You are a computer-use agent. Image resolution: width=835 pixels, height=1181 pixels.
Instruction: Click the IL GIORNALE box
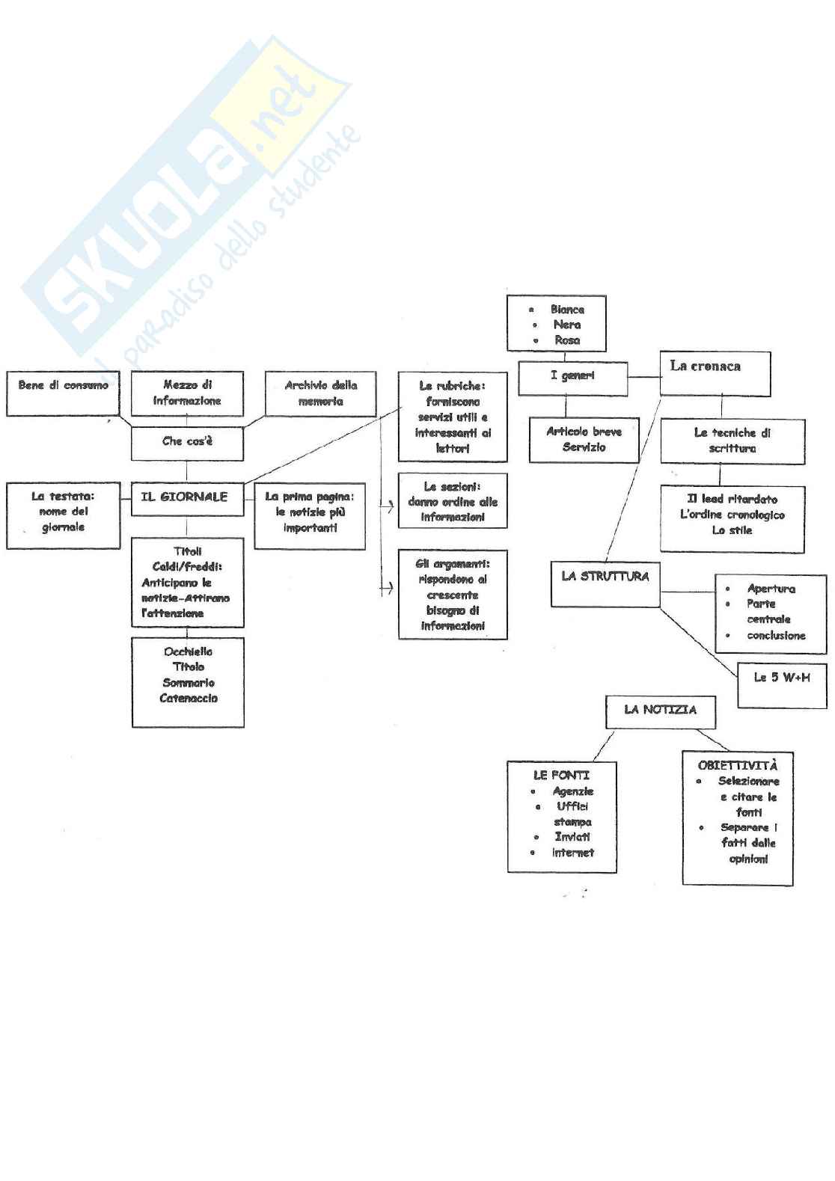[x=187, y=498]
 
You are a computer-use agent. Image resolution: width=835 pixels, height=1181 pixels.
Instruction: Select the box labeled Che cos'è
[x=187, y=443]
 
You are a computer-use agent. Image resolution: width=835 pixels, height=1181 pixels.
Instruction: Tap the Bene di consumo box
[x=63, y=393]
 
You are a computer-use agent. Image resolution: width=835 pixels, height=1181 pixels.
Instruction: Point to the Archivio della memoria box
[x=321, y=394]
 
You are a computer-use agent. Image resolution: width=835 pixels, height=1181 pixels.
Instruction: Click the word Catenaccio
[x=189, y=699]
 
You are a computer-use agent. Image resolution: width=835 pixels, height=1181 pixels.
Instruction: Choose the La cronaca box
[x=715, y=373]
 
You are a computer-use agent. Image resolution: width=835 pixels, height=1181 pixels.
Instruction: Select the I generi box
[x=573, y=378]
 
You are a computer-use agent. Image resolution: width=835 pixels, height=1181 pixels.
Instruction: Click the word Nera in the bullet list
[x=566, y=325]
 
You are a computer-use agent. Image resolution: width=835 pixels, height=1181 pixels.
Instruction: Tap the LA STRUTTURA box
[x=605, y=583]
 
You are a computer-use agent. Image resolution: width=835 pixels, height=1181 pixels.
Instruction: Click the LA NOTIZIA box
[x=660, y=711]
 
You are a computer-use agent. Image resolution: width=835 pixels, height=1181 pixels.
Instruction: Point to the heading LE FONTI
[x=561, y=776]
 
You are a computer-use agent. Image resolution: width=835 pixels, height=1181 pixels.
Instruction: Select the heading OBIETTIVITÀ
[x=737, y=765]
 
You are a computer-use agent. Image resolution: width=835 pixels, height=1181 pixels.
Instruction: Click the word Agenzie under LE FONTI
[x=573, y=791]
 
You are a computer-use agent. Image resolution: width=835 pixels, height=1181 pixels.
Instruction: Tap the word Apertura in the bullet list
[x=771, y=589]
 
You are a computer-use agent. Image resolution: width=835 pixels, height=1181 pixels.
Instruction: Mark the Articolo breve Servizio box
[x=584, y=440]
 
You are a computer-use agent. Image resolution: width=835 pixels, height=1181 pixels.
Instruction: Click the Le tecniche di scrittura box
[x=732, y=441]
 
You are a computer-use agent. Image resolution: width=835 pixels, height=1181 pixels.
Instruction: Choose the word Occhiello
[x=188, y=651]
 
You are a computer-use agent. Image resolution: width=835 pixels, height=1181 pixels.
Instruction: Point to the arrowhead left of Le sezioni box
[x=389, y=507]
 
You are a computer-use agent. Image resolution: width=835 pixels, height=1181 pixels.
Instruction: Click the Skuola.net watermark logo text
[x=187, y=194]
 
